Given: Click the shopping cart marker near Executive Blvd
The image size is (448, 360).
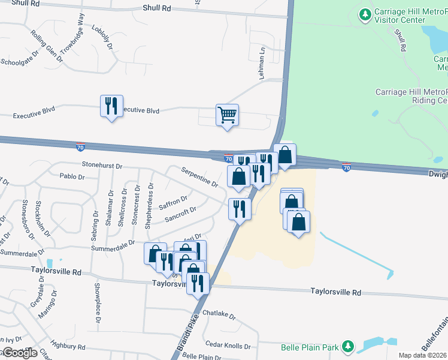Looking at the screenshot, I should coord(227,113).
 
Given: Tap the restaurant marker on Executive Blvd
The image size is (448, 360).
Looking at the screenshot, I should coord(111,106).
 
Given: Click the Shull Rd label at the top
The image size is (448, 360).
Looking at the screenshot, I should coord(157,8).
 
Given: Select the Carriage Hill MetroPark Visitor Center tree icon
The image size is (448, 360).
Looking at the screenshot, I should coord(364,13).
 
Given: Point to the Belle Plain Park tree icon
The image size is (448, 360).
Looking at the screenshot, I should coord(348,346).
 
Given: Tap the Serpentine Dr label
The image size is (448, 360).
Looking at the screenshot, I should coord(199,176).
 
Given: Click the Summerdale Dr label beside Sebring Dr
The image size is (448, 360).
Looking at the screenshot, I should coord(112,247).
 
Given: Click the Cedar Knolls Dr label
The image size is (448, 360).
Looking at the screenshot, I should coord(228,346).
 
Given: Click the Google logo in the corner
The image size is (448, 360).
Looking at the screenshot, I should coord(20,353).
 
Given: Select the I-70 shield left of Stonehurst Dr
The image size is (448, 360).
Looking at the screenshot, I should coord(80,146).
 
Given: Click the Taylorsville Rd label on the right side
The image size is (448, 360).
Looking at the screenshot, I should coord(335,292).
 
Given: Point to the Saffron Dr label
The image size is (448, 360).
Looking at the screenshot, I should coord(173,202).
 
